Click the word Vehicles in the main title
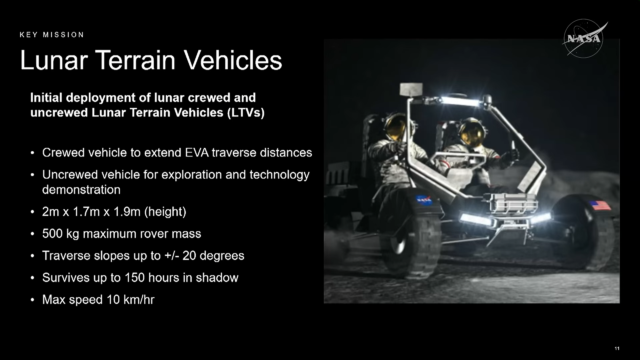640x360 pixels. coord(233,60)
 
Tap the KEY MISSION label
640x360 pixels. coord(52,35)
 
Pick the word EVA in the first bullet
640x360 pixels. coord(197,153)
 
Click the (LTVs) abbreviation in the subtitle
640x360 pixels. coord(246,113)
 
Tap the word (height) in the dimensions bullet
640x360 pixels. coord(165,212)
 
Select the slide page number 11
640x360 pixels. coord(617,348)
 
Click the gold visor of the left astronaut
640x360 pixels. coord(397,128)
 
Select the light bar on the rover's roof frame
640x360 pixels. coord(461,101)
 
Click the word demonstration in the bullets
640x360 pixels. coord(81,190)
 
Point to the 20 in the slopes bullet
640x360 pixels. coord(189,256)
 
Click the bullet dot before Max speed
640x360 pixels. coord(32,300)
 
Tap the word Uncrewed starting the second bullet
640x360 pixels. coord(70,175)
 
